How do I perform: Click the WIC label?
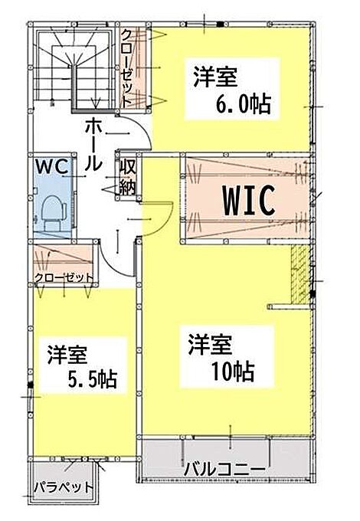[249, 201]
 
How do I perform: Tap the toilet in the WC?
[53, 213]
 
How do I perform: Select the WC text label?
[53, 166]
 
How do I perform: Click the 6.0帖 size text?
[244, 104]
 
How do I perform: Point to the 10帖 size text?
[233, 371]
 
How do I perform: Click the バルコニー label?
[225, 470]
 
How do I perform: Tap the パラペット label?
[64, 487]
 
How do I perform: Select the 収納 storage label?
[127, 177]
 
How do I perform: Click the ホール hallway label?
[93, 145]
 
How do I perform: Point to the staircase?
[74, 67]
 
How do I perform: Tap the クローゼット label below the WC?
[64, 277]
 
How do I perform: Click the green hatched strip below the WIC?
[299, 274]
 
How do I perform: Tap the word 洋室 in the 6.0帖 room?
[215, 77]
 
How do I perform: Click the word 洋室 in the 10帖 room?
[210, 344]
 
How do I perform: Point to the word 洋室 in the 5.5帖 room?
[67, 355]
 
